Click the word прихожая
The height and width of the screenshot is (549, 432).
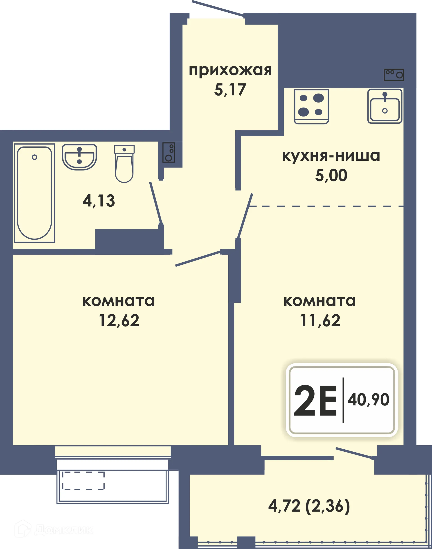coord(230,71)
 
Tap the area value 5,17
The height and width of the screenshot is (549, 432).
coord(230,90)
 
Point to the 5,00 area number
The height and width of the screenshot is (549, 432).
coord(331,175)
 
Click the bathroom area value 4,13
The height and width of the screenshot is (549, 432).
coord(99,201)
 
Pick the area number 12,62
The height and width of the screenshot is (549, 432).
coord(119,321)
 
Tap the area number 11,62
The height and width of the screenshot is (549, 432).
coord(320,321)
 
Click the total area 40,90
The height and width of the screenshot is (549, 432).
coord(368,400)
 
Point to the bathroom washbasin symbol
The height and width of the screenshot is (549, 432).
coord(79,157)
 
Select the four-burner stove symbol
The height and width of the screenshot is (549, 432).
coord(311,106)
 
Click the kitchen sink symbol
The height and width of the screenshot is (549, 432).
coord(385,106)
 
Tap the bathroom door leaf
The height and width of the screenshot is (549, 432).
coord(155,203)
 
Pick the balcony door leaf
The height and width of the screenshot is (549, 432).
coord(354,453)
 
